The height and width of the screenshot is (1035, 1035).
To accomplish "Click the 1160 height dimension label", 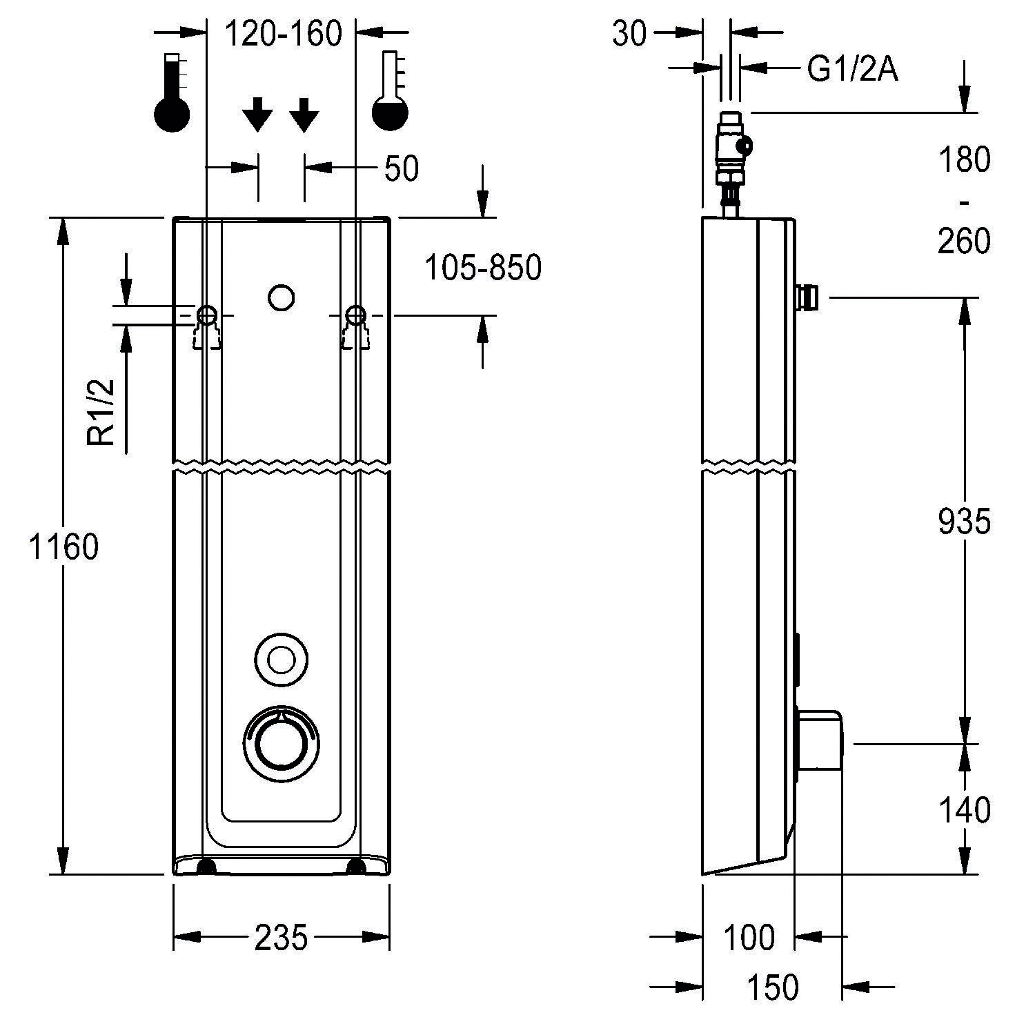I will click(x=63, y=547).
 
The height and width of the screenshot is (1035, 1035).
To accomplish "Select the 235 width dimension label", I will click(x=281, y=937).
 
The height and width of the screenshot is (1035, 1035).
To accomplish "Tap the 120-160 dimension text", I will click(x=284, y=33).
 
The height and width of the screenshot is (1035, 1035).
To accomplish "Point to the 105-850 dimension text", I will click(x=482, y=268).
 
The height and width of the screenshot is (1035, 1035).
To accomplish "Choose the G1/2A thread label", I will click(x=852, y=69).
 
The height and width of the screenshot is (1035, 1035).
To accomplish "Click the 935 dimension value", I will click(x=964, y=522).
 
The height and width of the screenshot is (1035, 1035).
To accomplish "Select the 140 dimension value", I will click(x=964, y=810).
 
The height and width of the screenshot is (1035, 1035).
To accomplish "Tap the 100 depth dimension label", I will click(x=749, y=937).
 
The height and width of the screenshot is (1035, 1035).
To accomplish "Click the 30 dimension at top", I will click(x=629, y=33).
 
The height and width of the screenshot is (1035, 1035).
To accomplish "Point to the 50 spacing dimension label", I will click(x=401, y=168).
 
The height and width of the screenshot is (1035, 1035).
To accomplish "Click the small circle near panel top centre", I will click(x=281, y=297).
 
